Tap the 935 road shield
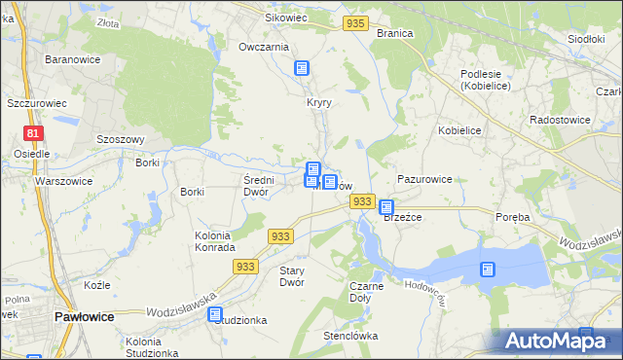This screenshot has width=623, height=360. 356,23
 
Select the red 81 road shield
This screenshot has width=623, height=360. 33,133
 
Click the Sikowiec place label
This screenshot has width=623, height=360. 286,18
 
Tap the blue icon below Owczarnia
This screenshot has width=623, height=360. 302,67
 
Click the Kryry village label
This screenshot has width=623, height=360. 319,102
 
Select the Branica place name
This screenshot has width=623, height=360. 395,33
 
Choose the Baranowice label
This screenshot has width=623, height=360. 68,59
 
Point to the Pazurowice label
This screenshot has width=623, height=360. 424,180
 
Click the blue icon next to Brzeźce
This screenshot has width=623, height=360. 386,206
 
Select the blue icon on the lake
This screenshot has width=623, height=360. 487,270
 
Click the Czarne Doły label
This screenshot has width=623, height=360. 366,292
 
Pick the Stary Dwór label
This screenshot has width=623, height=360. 292,275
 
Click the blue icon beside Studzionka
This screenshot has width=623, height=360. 215,314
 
